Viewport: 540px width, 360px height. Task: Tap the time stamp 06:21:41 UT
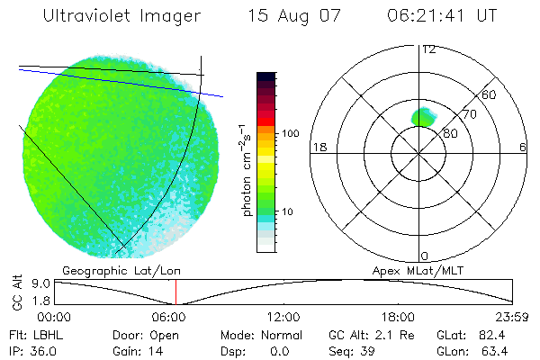(443, 16)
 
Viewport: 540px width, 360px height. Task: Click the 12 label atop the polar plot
(427, 49)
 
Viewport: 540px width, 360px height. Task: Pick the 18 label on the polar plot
(318, 148)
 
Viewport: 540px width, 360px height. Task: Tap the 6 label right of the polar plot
(523, 148)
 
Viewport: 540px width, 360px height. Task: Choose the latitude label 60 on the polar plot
(490, 94)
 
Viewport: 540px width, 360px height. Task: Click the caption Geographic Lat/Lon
(105, 270)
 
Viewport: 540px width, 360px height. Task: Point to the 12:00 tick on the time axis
(284, 317)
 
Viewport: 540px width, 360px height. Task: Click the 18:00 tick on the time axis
(399, 317)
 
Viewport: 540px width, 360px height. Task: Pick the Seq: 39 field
(353, 350)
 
